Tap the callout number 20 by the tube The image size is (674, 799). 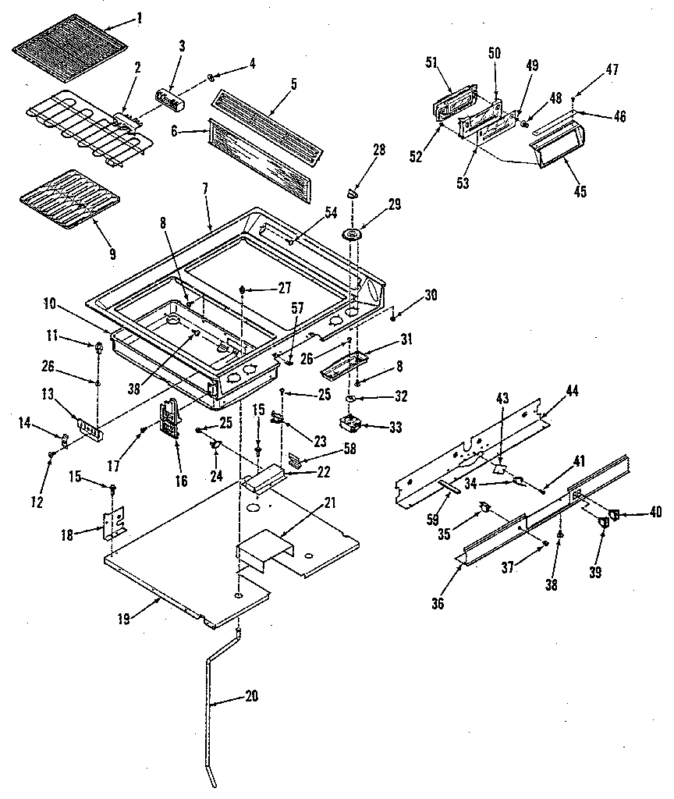click(251, 696)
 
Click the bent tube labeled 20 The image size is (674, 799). click(212, 702)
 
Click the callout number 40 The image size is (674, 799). click(654, 513)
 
